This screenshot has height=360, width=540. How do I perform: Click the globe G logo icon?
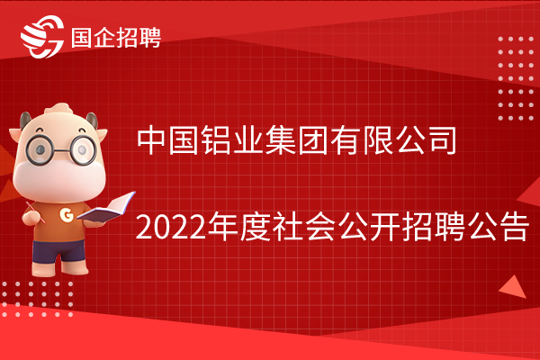(42, 37)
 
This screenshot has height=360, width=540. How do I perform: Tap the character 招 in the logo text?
(127, 38)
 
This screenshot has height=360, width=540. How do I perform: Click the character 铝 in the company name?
(216, 140)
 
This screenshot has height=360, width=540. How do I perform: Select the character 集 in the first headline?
(281, 140)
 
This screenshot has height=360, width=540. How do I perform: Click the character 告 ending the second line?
(514, 227)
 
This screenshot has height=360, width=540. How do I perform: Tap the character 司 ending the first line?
(442, 140)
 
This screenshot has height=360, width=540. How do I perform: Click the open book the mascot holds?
(106, 208)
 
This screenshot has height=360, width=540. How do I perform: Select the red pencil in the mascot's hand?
(35, 212)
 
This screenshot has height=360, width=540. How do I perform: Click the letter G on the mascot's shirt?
(66, 214)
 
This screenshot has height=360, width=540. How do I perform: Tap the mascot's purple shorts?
(58, 250)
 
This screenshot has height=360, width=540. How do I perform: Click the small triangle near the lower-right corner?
(514, 287)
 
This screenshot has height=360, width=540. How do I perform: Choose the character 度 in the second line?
(256, 227)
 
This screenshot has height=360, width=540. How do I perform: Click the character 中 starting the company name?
(152, 140)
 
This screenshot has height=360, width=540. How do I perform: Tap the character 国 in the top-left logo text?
(81, 38)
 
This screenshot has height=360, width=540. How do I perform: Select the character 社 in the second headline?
(288, 227)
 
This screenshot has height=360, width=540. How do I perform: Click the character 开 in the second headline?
(384, 227)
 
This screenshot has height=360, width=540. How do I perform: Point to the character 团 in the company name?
(313, 140)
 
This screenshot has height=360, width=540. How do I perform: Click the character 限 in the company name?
(378, 140)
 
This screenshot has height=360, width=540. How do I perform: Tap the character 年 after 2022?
(223, 227)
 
